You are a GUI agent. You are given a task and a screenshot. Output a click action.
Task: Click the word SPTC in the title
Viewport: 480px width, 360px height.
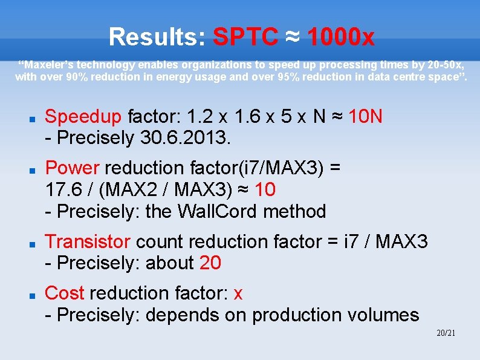tap(245, 38)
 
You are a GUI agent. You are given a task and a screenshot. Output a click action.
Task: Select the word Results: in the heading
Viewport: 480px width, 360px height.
tap(158, 38)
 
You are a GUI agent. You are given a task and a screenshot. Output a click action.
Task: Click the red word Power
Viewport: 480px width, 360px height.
tap(72, 168)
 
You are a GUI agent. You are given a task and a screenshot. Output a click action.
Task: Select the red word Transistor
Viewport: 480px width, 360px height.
tap(88, 241)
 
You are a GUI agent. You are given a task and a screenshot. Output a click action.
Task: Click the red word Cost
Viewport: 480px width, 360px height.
tap(65, 293)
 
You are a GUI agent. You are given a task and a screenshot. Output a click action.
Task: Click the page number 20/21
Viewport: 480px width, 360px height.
tap(446, 333)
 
